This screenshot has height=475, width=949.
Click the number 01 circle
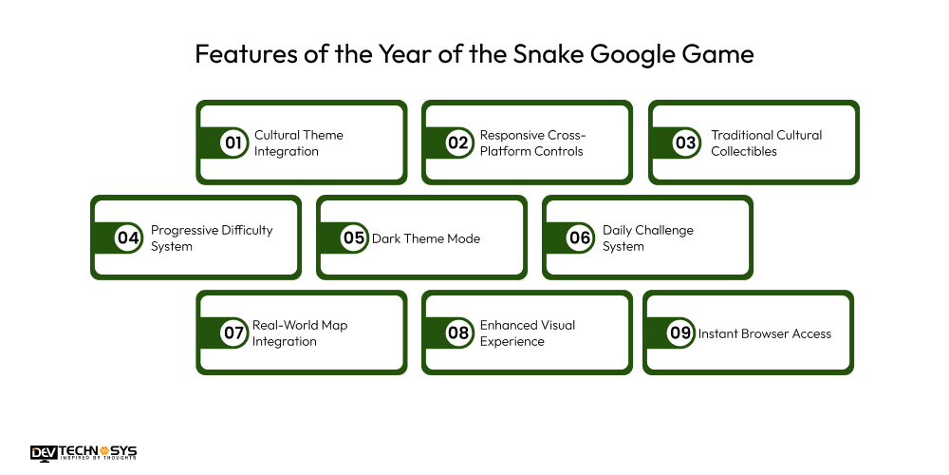[233, 142]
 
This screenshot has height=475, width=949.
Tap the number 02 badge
[459, 142]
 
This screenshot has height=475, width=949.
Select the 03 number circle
[685, 142]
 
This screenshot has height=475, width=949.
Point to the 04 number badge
[128, 237]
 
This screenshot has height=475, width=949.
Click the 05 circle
[354, 237]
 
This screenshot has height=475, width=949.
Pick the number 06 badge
[580, 237]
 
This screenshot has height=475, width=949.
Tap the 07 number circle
[233, 332]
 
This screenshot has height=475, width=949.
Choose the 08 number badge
[459, 332]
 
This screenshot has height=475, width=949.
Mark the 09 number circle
[680, 332]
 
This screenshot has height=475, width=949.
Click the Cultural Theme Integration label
[298, 143]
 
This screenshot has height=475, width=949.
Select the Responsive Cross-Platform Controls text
[531, 143]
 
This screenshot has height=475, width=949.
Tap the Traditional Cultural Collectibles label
[766, 143]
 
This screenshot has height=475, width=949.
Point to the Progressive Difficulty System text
[212, 238]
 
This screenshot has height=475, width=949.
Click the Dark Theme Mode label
[426, 238]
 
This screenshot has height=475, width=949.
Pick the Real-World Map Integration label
[300, 333]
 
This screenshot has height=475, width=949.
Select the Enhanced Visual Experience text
[528, 333]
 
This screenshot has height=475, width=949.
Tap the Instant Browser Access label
[765, 333]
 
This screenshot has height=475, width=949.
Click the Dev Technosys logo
[84, 453]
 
